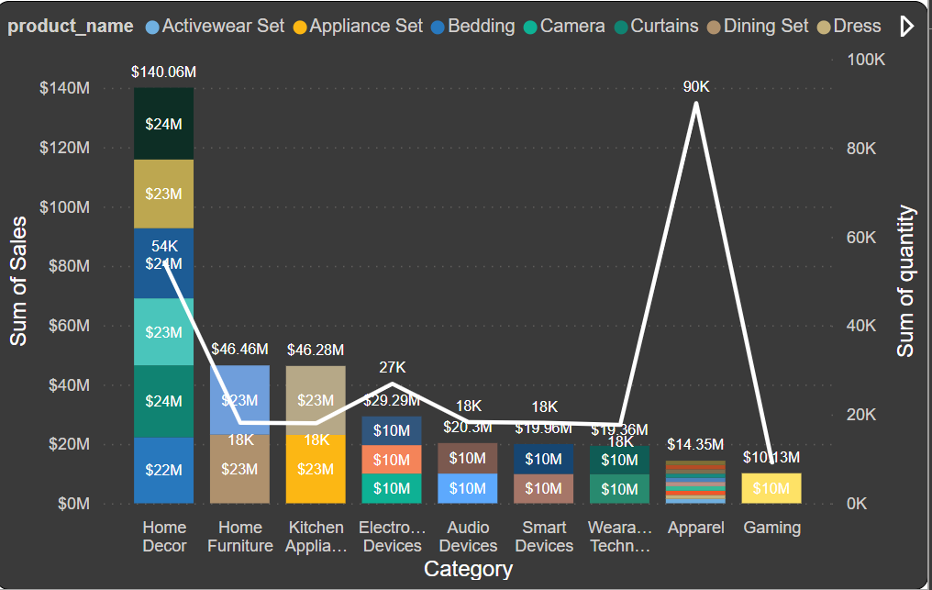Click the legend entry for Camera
tap(571, 27)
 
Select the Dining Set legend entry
tap(765, 27)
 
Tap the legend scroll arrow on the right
tap(907, 27)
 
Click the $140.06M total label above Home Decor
tap(163, 72)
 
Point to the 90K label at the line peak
tap(696, 87)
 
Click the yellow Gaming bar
tap(771, 488)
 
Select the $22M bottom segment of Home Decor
tap(163, 470)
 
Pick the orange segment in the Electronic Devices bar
tap(392, 459)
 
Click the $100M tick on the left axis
tap(64, 207)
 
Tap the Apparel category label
tap(696, 528)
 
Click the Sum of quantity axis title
tap(906, 282)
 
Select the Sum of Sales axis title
tap(18, 281)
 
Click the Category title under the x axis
tap(468, 569)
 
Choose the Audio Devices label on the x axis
tap(468, 537)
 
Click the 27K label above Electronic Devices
tap(392, 368)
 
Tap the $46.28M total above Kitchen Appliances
tap(316, 350)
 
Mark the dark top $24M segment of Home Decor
tap(163, 124)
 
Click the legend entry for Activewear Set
tap(223, 27)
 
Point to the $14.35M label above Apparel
tap(696, 445)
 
